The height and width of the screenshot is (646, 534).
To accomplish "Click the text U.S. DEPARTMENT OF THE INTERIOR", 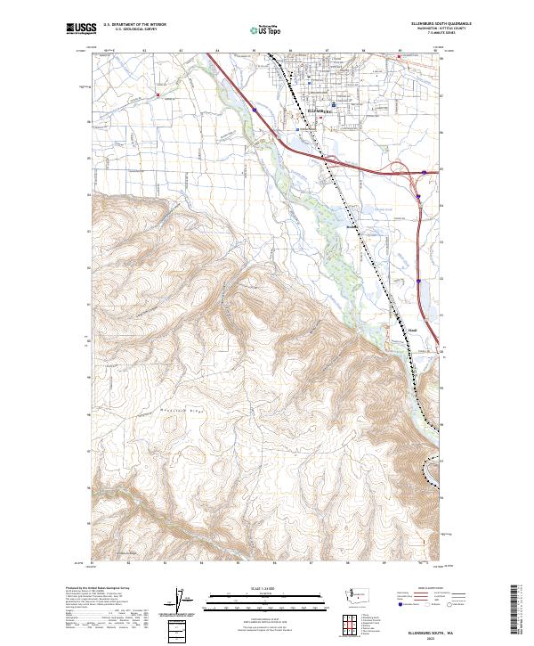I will point(134,25).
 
